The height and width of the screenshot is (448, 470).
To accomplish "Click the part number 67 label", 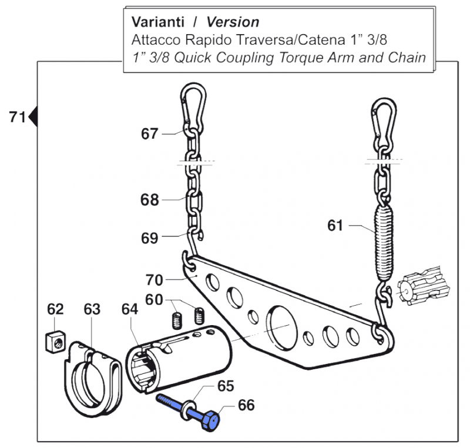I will (x=149, y=134).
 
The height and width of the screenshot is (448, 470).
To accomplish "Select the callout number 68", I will (x=149, y=200).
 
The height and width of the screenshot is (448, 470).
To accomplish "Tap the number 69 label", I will (x=149, y=238).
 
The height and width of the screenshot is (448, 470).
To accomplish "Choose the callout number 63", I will (x=92, y=309).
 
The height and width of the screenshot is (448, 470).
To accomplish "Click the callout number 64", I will (x=129, y=309).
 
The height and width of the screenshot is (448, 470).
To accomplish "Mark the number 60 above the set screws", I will (x=154, y=300).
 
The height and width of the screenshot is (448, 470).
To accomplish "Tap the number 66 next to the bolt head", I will (x=246, y=404).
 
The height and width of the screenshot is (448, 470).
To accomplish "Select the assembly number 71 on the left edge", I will (x=18, y=117).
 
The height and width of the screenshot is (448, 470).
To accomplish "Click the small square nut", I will (x=55, y=341).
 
